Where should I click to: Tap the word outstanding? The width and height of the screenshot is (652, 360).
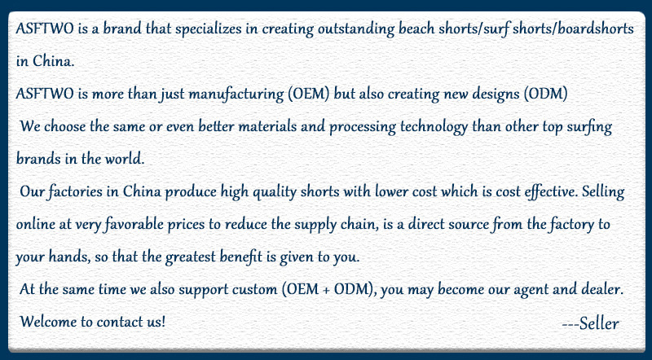(x=356, y=29)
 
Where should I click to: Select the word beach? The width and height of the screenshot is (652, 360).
(x=416, y=29)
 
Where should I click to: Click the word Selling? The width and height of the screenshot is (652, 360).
(x=603, y=191)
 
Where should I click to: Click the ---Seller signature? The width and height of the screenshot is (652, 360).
(x=590, y=323)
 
